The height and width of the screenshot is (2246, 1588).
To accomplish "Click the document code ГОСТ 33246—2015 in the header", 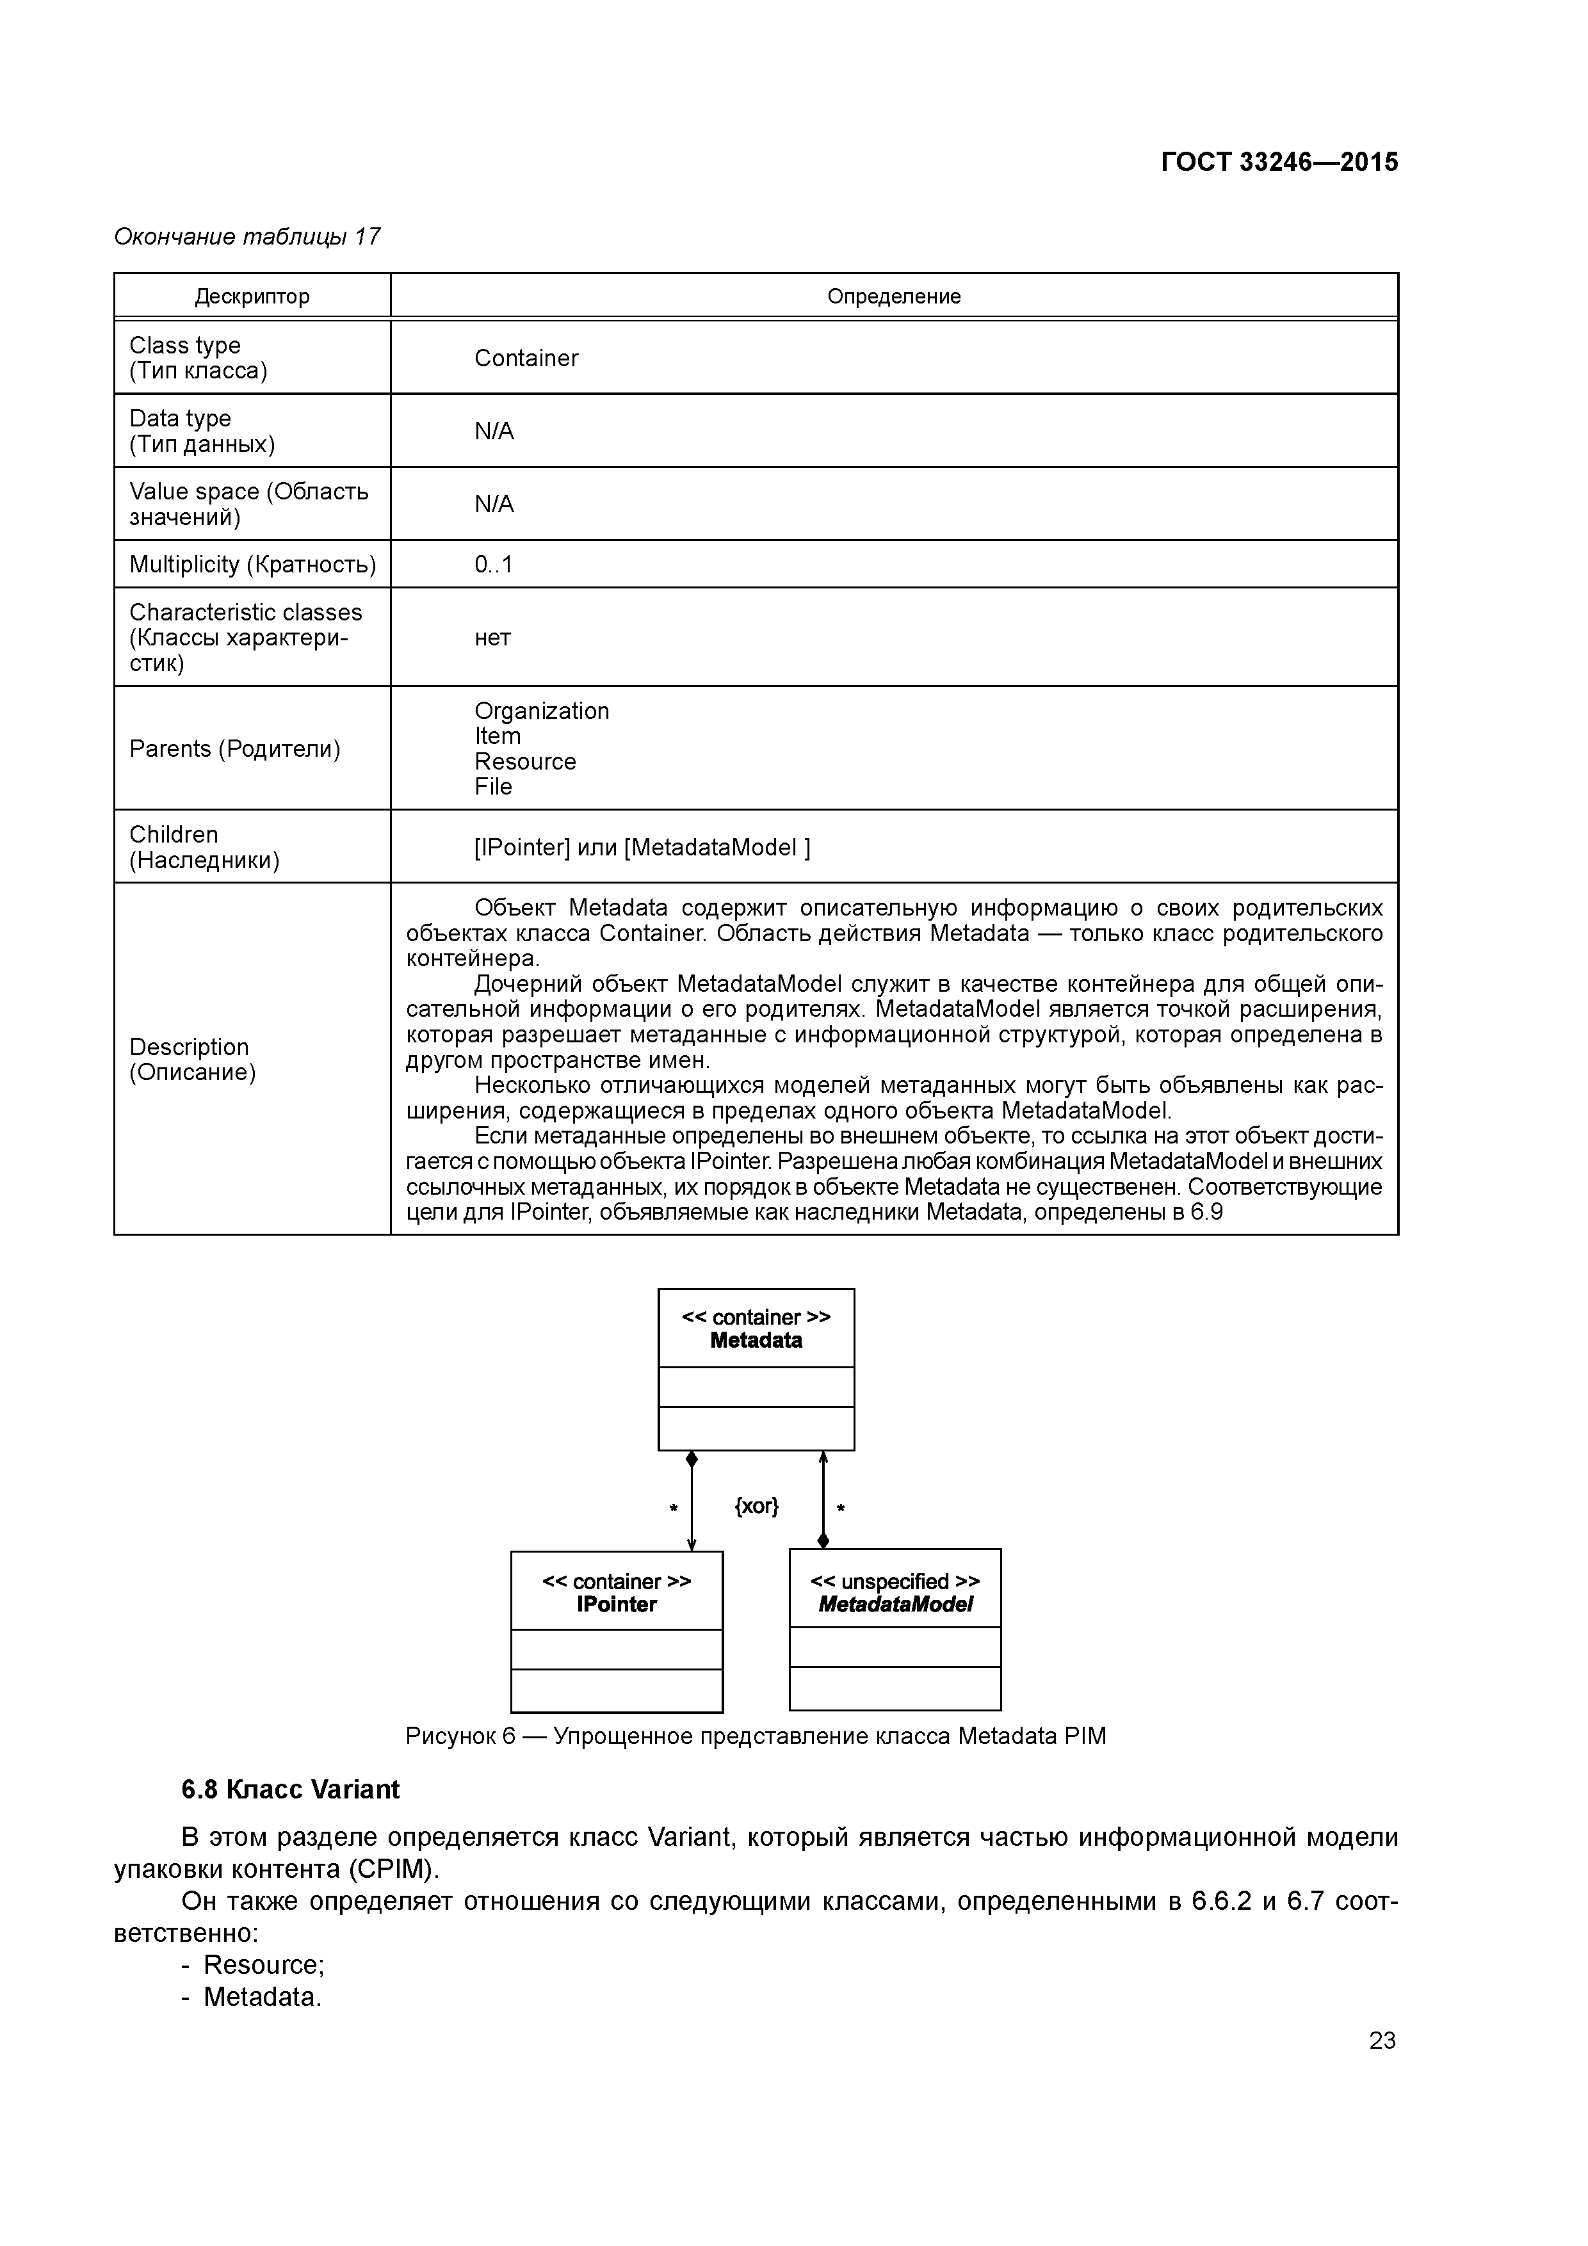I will [x=1279, y=163].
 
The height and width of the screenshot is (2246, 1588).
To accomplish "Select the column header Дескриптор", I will [x=252, y=296].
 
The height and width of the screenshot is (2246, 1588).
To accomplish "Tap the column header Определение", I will [x=893, y=296].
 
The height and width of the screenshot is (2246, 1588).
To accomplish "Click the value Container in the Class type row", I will [x=526, y=358].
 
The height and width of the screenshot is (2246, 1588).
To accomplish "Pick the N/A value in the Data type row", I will [x=494, y=432].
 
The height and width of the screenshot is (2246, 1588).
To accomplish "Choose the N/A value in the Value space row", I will [x=494, y=504].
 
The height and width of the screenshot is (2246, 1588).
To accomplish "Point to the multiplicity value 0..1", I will [x=493, y=565].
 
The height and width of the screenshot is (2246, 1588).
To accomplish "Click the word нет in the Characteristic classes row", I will [x=492, y=638].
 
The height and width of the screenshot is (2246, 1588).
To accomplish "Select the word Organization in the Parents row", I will [x=541, y=711].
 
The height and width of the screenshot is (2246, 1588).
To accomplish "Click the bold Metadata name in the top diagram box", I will [x=756, y=1341].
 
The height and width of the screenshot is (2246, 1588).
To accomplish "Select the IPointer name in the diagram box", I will [x=617, y=1604].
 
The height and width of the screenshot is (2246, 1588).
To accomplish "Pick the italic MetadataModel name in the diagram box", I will [x=895, y=1604].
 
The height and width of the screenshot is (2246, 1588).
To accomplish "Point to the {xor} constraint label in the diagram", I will [x=756, y=1505].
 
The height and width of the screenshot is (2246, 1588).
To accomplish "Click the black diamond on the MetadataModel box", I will [x=823, y=1540].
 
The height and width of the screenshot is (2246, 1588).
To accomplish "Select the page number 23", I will [x=1382, y=2040].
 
